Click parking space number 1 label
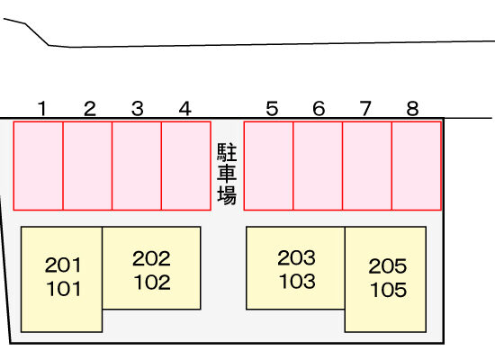pos(42,109)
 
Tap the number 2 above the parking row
pos(90,109)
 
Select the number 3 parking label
pos(138,109)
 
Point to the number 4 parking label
pos(185,109)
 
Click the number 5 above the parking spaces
pos(272,109)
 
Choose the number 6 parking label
pos(319,109)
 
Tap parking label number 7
pos(365,109)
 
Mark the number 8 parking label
pos(412,109)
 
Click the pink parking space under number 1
pos(38,166)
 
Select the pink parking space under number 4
pos(186,166)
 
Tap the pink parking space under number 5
pos(269,166)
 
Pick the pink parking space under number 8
pos(417,166)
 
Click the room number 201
pos(63,265)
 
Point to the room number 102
pos(152,283)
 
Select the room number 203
pos(296,257)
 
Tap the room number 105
pos(388,290)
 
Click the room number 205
pos(388,266)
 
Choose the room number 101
pos(64,289)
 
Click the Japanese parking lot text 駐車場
pos(227,174)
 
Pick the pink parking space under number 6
pos(318,166)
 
